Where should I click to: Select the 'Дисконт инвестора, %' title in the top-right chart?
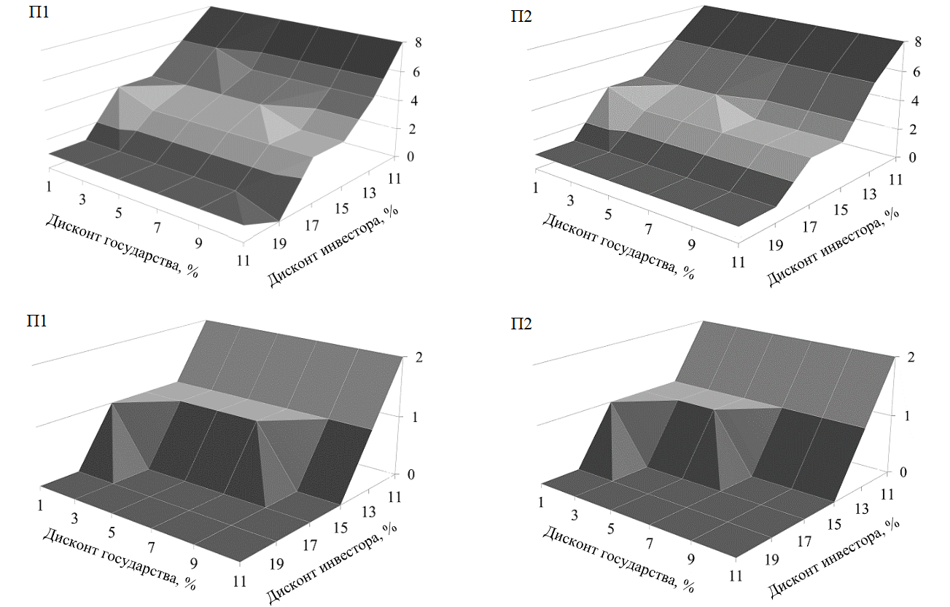(831, 243)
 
